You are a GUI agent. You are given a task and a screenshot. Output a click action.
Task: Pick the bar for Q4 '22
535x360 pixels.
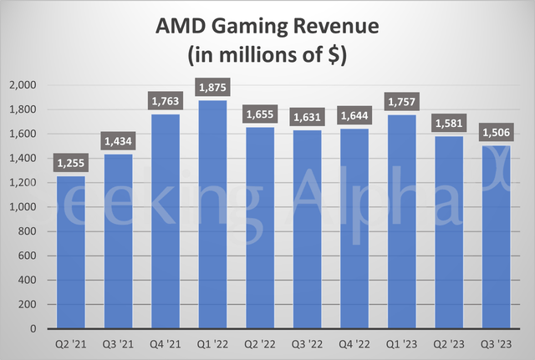[354, 229]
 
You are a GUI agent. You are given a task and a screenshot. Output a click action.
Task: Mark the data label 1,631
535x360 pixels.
[308, 117]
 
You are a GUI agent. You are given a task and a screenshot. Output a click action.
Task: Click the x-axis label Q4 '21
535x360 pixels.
[166, 343]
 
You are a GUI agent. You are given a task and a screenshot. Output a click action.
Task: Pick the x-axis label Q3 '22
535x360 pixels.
[308, 343]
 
